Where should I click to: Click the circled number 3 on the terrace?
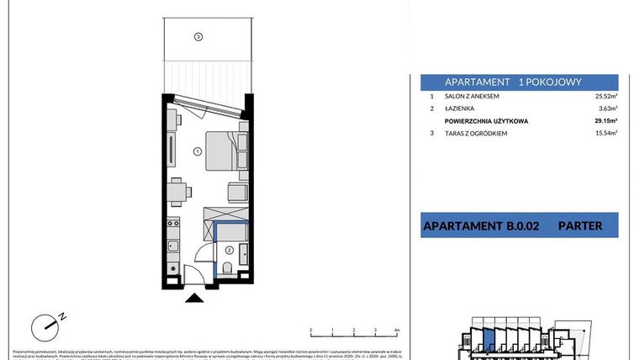198,36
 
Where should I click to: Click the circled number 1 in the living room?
196,152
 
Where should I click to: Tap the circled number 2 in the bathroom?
229,250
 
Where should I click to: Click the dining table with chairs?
175,193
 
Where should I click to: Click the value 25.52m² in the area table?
605,97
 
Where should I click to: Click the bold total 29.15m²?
605,121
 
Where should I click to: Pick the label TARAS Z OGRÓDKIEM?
476,133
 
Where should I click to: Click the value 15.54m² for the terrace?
605,133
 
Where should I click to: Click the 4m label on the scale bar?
395,331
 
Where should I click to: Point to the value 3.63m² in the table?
607,109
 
